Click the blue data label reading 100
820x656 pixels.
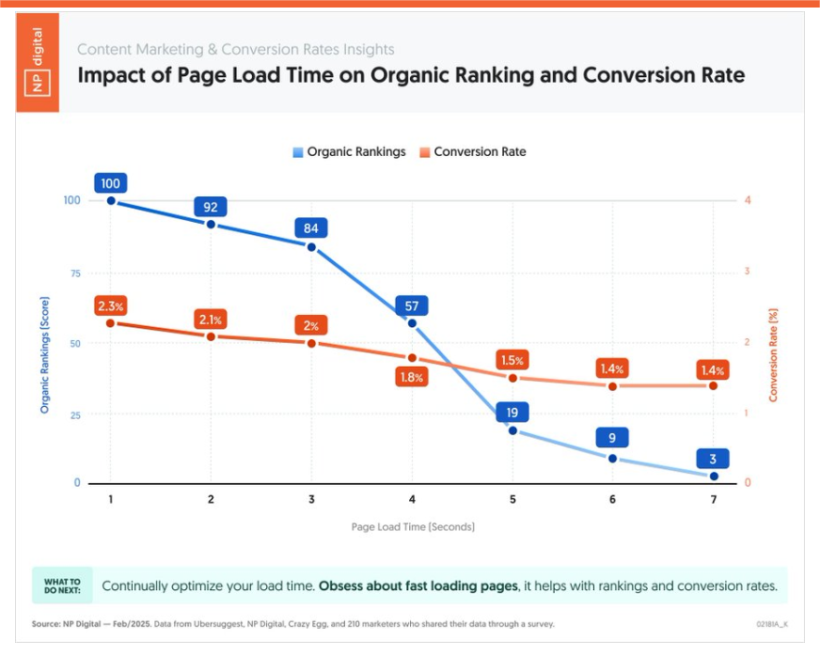tap(111, 183)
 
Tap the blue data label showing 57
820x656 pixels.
tap(412, 305)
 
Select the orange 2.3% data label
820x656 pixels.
tap(110, 306)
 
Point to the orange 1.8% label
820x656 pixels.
tap(412, 377)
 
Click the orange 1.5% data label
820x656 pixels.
tap(512, 361)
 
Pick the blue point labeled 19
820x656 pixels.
tap(512, 430)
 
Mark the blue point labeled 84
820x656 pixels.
tap(311, 247)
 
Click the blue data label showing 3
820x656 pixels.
tap(713, 459)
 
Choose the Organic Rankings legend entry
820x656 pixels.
tap(349, 151)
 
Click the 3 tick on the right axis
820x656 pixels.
tap(748, 272)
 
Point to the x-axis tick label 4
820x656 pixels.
tap(412, 500)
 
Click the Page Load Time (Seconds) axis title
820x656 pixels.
tap(413, 526)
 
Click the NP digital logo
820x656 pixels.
tap(38, 62)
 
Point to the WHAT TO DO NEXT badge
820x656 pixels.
tap(62, 586)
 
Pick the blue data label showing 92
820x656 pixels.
tap(211, 207)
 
